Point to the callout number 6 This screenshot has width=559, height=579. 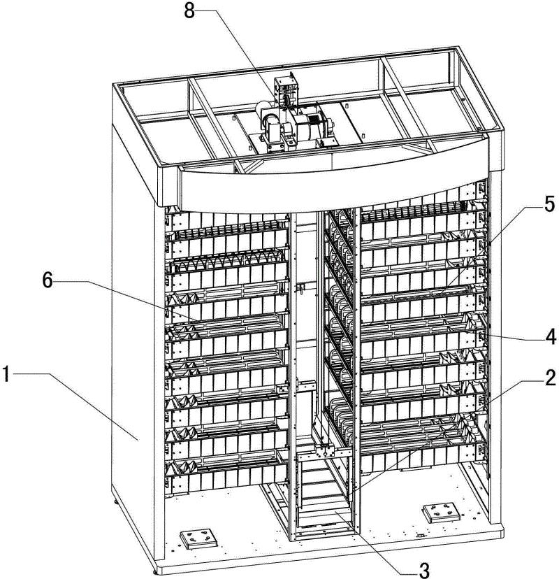[48, 280]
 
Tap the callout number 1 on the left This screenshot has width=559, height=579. [6, 373]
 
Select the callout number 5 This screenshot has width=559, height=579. [549, 204]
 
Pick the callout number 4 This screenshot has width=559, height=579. [550, 337]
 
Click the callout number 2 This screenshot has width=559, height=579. [550, 378]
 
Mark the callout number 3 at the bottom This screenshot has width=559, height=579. [424, 570]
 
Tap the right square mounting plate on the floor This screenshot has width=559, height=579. [440, 513]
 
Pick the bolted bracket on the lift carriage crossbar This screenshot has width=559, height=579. [325, 452]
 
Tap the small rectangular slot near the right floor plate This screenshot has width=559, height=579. [420, 536]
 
